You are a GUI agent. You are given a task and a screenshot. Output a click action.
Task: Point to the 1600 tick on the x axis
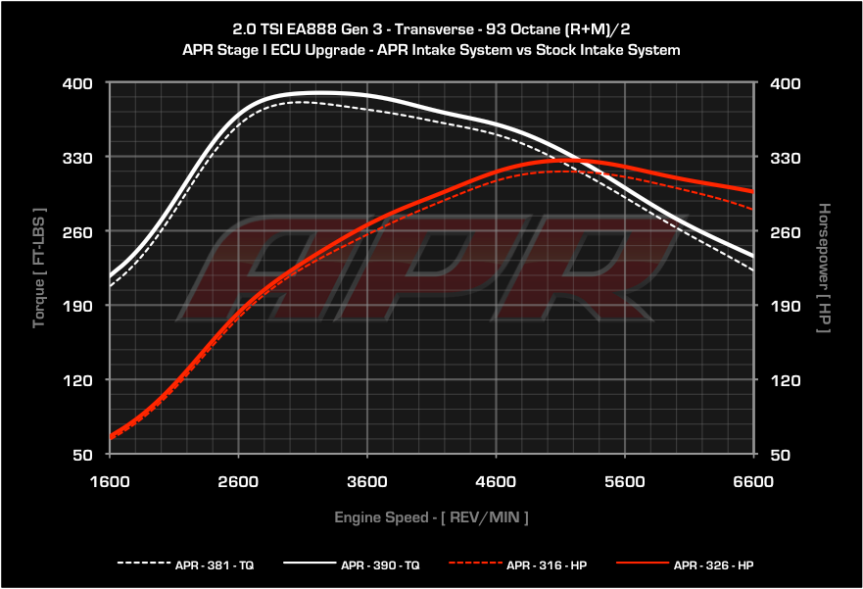[x=110, y=482]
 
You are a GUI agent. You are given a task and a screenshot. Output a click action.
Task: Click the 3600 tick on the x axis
[x=367, y=482]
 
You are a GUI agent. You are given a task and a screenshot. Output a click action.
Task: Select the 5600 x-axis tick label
[x=625, y=482]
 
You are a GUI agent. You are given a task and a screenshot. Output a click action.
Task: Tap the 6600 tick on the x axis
[x=753, y=482]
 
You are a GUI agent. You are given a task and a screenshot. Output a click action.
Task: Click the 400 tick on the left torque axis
[x=78, y=83]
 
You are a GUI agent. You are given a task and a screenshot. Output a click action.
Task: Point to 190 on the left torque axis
[x=78, y=306]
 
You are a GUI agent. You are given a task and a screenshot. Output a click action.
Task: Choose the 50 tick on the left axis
[x=82, y=454]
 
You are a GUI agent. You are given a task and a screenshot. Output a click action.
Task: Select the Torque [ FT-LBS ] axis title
[x=39, y=267]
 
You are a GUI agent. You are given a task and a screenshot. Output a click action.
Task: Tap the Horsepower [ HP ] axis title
[x=824, y=267]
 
